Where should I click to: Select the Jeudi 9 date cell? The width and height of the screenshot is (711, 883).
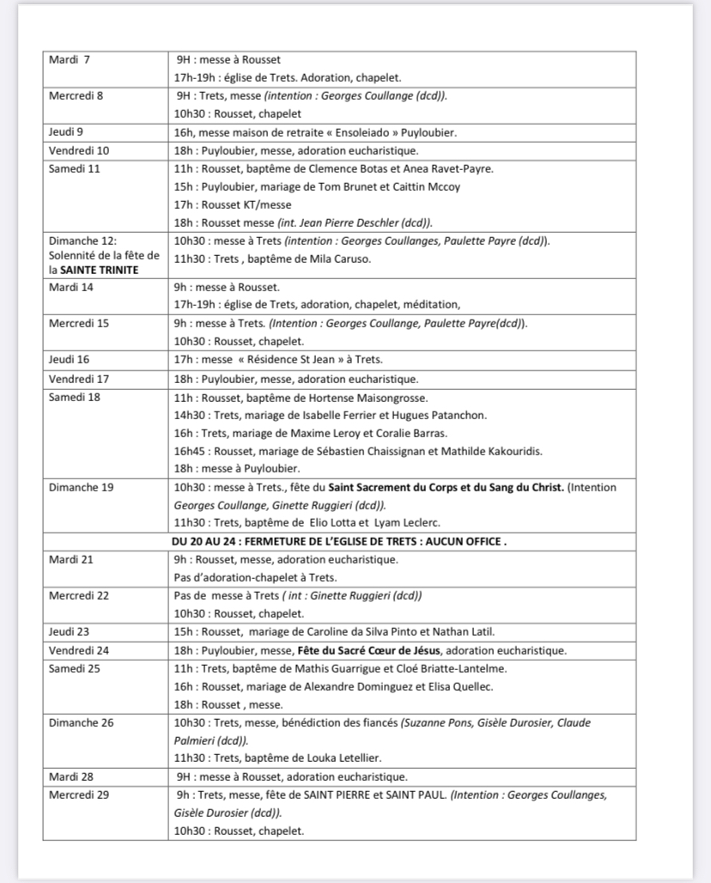pos(66,132)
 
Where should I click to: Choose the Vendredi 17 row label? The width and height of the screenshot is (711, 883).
pos(79,379)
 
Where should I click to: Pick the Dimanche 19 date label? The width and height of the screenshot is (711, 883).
pos(81,488)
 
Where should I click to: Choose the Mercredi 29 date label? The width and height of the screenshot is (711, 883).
pos(79,795)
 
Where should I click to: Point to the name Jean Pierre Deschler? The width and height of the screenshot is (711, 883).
pos(327,222)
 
